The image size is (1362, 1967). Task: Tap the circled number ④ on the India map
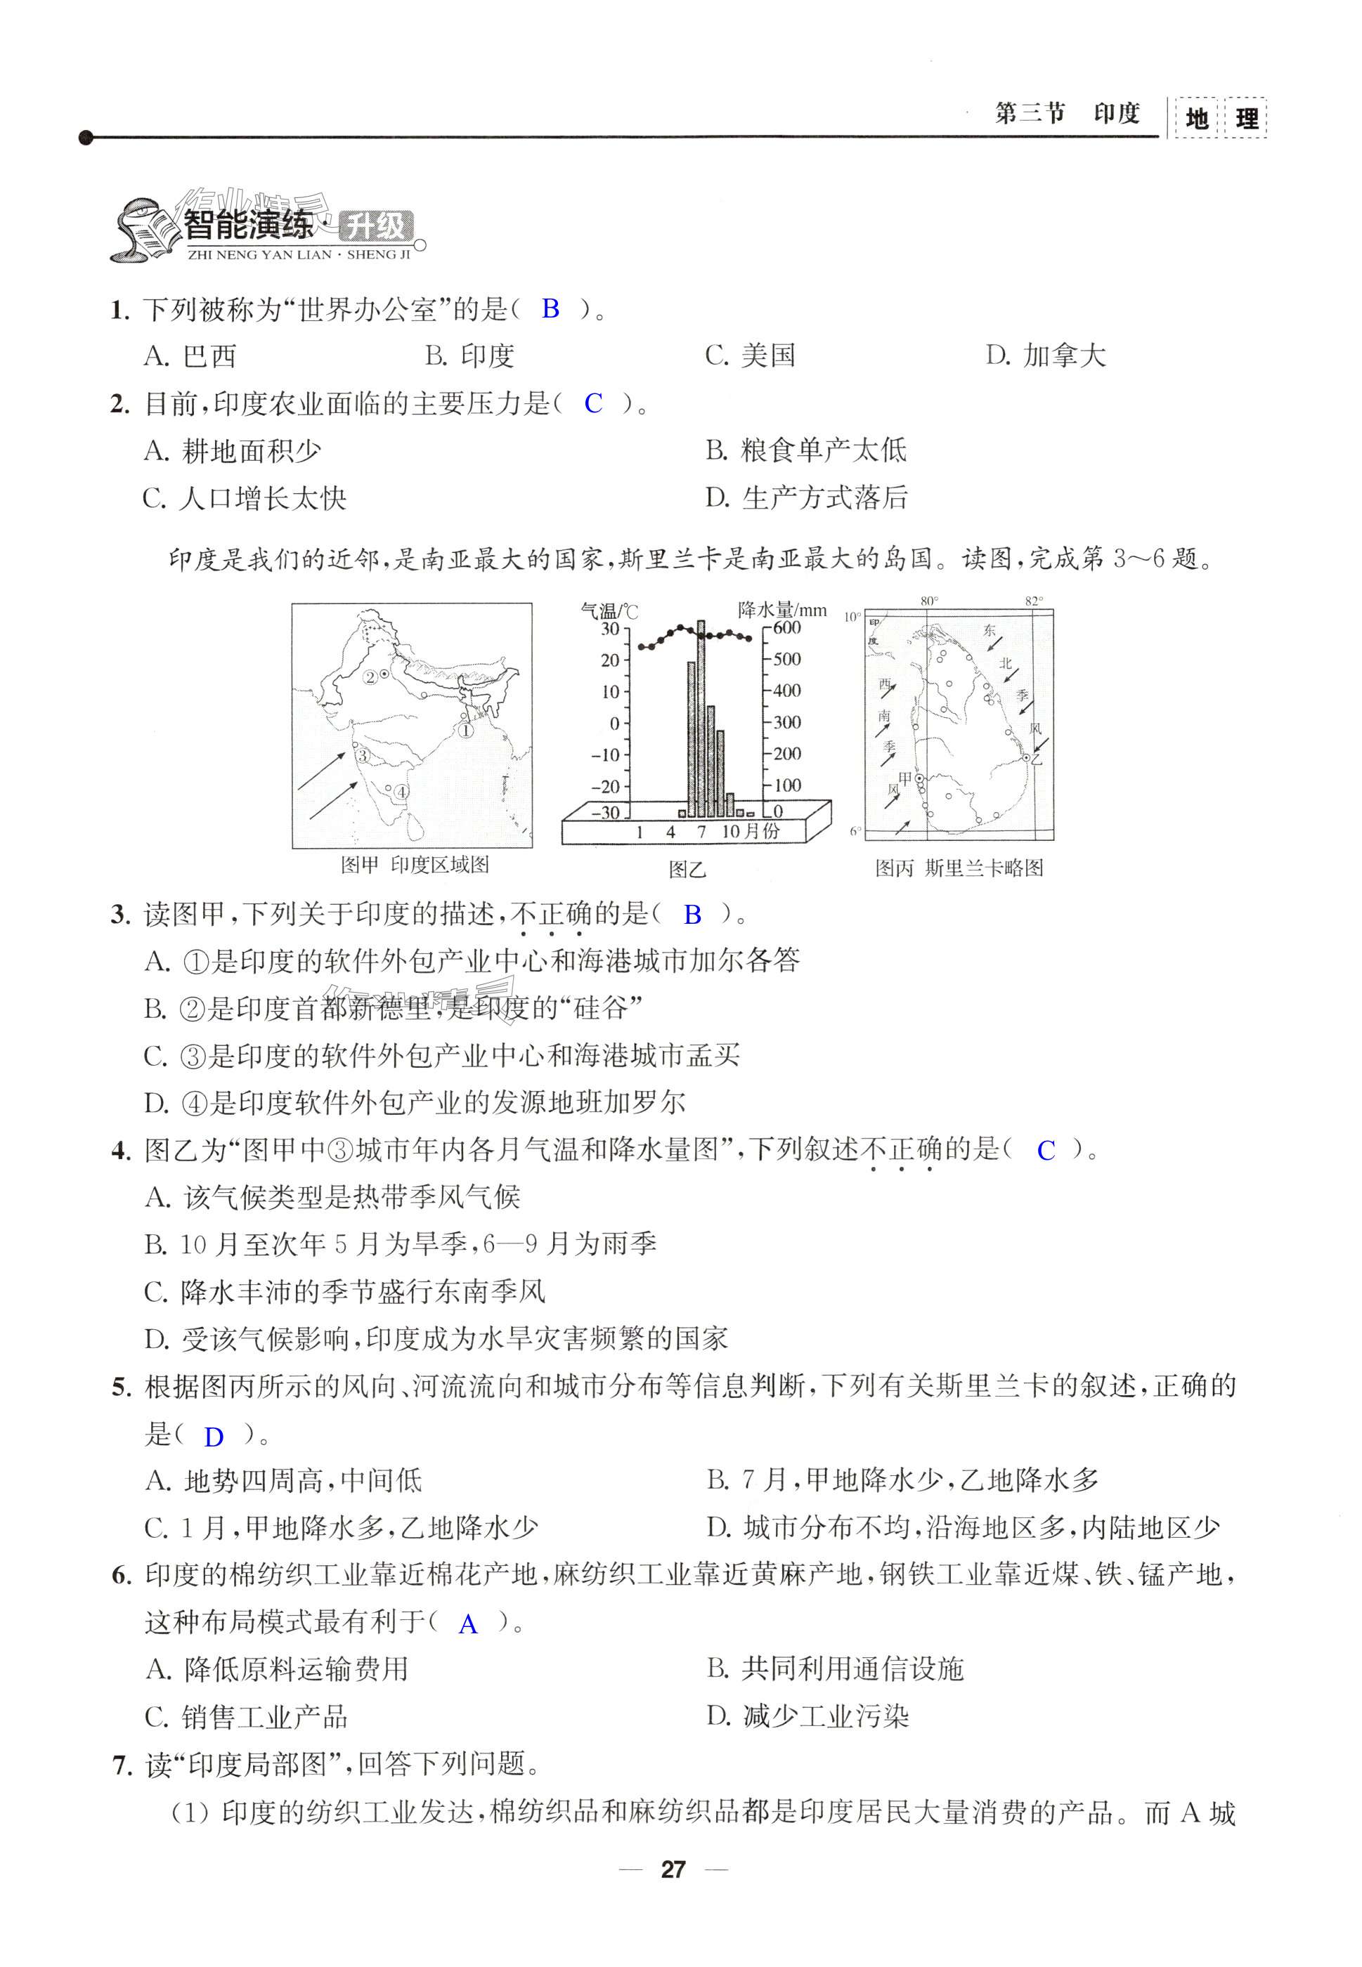[x=401, y=792]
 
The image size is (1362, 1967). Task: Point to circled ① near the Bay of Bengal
[x=466, y=730]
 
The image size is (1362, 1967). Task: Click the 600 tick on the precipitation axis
[x=787, y=628]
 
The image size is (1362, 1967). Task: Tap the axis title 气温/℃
[x=609, y=610]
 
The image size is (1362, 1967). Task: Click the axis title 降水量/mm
[x=781, y=609]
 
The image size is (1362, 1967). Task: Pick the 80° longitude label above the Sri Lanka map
[x=928, y=601]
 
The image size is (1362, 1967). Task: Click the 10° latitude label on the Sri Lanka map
[x=852, y=617]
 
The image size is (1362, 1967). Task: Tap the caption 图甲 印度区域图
[x=415, y=865]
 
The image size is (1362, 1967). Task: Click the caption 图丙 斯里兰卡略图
[x=959, y=868]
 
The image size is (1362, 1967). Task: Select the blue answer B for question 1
[x=550, y=309]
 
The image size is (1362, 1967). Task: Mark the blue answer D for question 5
[x=214, y=1437]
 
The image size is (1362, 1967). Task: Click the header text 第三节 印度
[x=1067, y=113]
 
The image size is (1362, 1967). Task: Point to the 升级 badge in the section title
[x=375, y=228]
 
